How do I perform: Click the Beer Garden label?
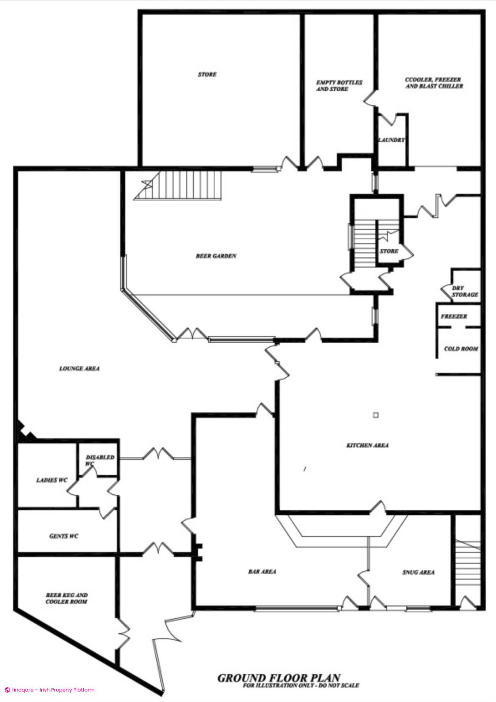[x=216, y=256]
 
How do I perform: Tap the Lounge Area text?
[x=79, y=369]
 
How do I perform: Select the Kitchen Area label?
[x=367, y=445]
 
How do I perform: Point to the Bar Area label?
[x=262, y=571]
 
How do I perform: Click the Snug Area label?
[x=418, y=572]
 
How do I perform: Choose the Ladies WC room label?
[x=52, y=480]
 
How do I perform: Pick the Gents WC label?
[x=64, y=536]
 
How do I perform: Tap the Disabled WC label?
[x=100, y=460]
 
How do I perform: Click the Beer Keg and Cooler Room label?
[x=67, y=598]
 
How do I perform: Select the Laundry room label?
[x=391, y=140]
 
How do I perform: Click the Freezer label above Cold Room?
[x=454, y=316]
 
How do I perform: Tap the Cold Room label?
[x=461, y=349]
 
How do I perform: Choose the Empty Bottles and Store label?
[x=339, y=86]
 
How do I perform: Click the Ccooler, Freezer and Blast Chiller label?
[x=434, y=83]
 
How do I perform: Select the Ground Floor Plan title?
[x=279, y=678]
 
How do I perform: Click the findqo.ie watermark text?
[x=50, y=690]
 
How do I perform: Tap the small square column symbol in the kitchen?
[x=375, y=415]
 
